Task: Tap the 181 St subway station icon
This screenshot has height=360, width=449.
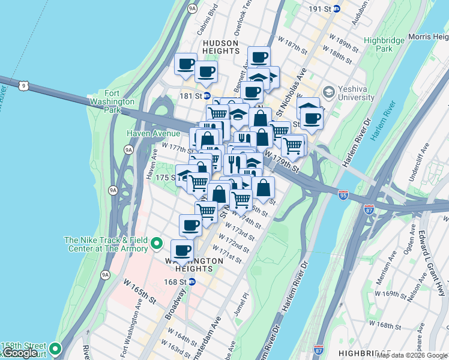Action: tap(206, 95)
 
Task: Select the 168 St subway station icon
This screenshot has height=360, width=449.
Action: tap(191, 281)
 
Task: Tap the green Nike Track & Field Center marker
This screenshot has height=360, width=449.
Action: tap(157, 244)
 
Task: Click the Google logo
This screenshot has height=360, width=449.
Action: tap(20, 353)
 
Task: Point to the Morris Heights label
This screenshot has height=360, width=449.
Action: tap(428, 37)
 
